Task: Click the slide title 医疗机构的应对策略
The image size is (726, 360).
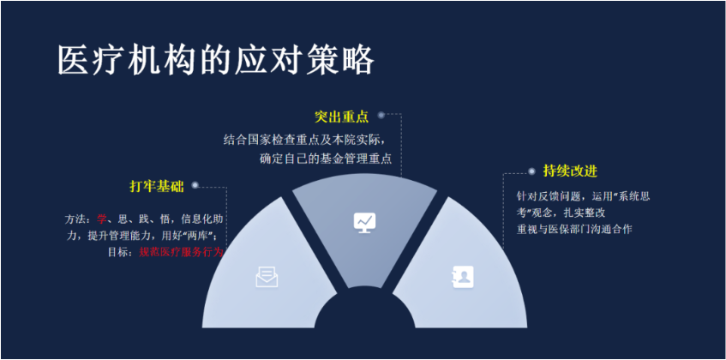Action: [x=216, y=61]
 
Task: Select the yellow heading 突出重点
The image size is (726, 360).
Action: [x=342, y=117]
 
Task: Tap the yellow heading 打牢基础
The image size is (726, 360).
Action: [x=157, y=187]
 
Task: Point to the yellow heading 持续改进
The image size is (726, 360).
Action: [x=570, y=171]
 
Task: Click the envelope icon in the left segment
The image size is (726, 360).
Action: [x=267, y=277]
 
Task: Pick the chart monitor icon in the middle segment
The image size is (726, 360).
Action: [x=365, y=223]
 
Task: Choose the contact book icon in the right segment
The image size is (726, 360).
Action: [x=464, y=277]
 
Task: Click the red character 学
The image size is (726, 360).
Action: [x=101, y=219]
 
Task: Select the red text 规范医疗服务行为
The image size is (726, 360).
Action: [x=181, y=253]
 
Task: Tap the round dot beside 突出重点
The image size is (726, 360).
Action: [x=381, y=115]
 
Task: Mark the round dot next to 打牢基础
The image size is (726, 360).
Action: [x=195, y=185]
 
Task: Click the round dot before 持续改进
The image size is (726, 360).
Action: [x=531, y=171]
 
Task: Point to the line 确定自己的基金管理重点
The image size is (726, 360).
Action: [x=326, y=159]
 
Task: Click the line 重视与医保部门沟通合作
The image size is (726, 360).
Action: [x=574, y=229]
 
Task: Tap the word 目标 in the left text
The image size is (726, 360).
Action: [x=118, y=253]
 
